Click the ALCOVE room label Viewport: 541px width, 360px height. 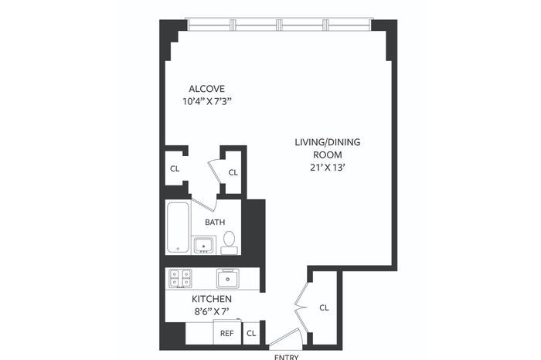(x=206, y=89)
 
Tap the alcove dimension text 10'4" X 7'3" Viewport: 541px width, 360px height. (x=206, y=102)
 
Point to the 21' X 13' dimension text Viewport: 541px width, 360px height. (x=328, y=168)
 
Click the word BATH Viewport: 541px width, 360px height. (x=215, y=222)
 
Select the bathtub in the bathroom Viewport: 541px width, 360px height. (x=179, y=227)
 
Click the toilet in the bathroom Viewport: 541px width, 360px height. (x=229, y=243)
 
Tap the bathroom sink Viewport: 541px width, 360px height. (x=204, y=246)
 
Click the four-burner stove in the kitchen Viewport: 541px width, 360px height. (x=180, y=279)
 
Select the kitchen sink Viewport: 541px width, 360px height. (x=228, y=278)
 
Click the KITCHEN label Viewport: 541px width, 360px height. (x=212, y=299)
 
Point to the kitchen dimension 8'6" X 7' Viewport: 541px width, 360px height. (x=212, y=312)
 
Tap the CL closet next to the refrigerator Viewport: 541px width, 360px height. (x=251, y=333)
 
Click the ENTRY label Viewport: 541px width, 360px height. (x=286, y=357)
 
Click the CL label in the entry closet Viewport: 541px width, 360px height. (x=324, y=307)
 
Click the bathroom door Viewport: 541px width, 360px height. (x=203, y=204)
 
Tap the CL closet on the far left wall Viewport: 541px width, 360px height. (x=175, y=168)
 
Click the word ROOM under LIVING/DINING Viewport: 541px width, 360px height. (x=328, y=155)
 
